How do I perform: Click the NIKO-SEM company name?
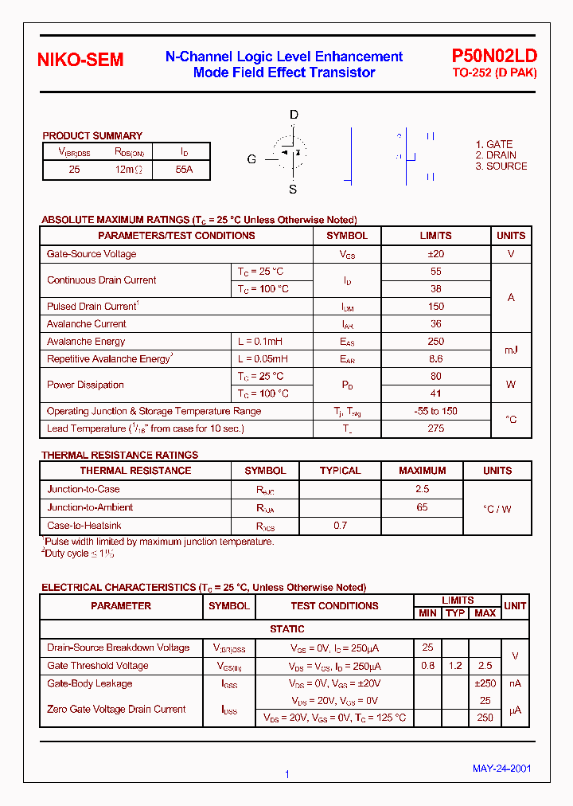click(x=81, y=61)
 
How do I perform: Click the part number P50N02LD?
click(x=494, y=56)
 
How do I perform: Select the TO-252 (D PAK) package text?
click(x=494, y=73)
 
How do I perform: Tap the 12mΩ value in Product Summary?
click(x=127, y=170)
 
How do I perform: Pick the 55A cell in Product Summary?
click(x=184, y=170)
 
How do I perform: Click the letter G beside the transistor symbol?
click(x=251, y=159)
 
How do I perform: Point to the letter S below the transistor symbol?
click(x=293, y=190)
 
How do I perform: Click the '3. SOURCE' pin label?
click(x=501, y=166)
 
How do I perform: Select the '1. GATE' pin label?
click(x=494, y=145)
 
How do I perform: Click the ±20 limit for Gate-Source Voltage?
click(x=435, y=254)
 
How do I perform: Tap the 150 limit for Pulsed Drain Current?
click(x=435, y=307)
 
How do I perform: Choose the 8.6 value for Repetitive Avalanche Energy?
click(x=435, y=359)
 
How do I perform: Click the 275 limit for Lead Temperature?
click(x=435, y=428)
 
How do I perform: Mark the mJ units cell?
click(x=511, y=350)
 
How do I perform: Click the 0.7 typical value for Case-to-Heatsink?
click(x=340, y=526)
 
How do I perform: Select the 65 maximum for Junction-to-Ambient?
click(x=422, y=507)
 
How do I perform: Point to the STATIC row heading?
click(x=286, y=629)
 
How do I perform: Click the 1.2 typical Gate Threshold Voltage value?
click(x=455, y=666)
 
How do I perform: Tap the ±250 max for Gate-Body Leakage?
click(x=485, y=683)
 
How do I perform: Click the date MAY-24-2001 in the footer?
click(x=501, y=769)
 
